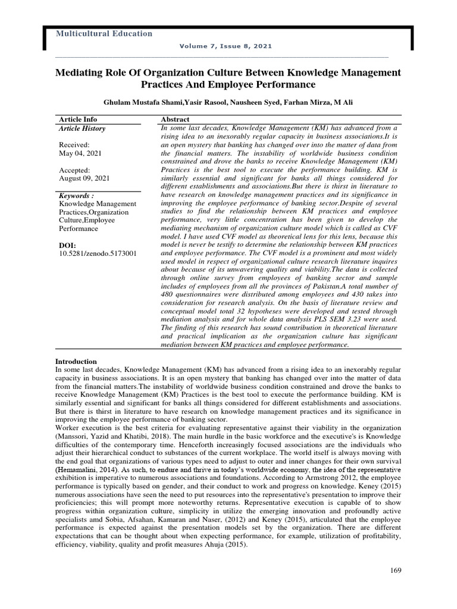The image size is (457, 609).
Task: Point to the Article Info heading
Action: [78, 120]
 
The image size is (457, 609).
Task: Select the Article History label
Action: [82, 128]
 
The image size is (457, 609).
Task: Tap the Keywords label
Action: [76, 196]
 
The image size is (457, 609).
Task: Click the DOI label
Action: [68, 245]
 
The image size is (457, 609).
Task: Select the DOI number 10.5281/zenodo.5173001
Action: [98, 253]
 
